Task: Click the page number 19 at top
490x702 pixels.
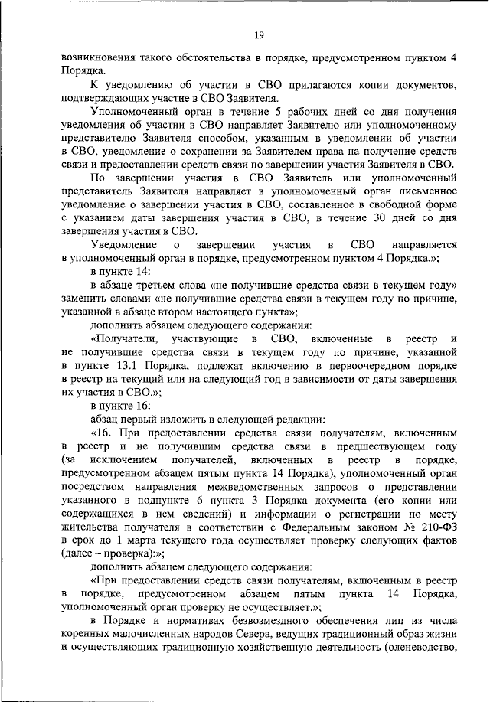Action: click(259, 34)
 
